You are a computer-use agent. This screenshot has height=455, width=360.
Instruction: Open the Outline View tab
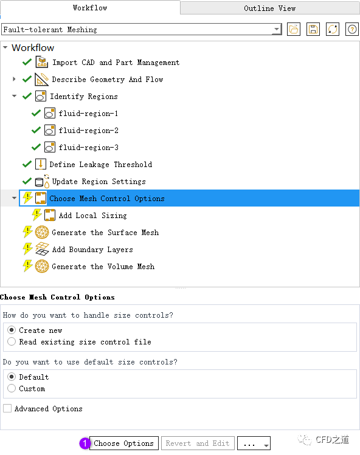[269, 8]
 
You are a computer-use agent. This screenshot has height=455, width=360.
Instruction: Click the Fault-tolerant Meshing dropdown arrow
[277, 29]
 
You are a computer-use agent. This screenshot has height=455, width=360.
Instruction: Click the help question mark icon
[352, 29]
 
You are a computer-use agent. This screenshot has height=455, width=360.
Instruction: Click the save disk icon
[313, 29]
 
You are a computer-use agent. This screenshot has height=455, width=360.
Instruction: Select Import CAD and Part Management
[116, 63]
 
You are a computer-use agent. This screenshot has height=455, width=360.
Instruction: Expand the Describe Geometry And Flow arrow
[14, 79]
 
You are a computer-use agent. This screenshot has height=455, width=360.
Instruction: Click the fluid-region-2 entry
[88, 131]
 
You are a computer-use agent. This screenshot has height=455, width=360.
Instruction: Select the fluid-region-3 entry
[88, 148]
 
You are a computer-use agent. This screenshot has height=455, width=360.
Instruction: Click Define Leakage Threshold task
[100, 165]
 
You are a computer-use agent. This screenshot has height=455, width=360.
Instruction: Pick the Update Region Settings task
[99, 182]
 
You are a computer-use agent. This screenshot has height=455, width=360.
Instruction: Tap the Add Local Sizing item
[92, 216]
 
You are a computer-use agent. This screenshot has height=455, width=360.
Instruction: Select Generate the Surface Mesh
[105, 233]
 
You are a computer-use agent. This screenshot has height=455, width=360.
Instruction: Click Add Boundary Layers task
[92, 250]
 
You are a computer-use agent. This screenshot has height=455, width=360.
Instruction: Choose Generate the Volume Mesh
[103, 267]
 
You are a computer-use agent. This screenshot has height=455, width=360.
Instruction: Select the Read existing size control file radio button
[12, 341]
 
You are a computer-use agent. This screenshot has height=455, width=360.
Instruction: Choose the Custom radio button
[12, 388]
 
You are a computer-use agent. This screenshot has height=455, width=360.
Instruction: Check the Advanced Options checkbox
[7, 408]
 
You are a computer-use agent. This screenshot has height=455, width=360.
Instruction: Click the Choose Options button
[124, 443]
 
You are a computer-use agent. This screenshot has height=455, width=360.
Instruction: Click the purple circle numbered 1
[85, 443]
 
